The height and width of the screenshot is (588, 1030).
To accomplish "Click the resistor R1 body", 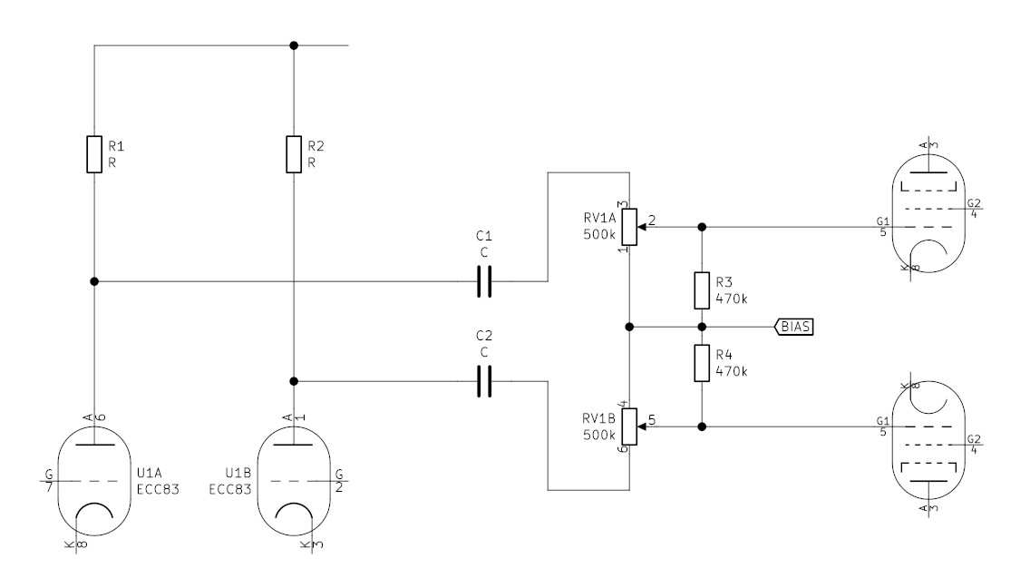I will point(94,154).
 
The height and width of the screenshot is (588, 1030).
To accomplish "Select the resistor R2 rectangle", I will point(294,154).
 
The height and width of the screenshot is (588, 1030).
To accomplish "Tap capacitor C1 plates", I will point(484,282).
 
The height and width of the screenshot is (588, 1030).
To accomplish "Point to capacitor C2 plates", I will point(484,381).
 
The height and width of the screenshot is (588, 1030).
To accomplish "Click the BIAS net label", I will point(795,326).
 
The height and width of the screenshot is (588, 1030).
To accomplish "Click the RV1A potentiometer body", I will point(630,227).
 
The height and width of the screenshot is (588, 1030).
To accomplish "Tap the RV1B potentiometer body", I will point(630,426).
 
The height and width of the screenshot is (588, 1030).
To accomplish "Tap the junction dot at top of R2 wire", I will point(294,44).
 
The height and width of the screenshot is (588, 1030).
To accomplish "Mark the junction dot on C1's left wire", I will point(94,282).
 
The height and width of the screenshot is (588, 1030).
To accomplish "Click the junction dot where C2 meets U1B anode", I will point(294,381).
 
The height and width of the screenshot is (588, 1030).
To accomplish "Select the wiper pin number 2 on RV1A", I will point(652,220).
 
